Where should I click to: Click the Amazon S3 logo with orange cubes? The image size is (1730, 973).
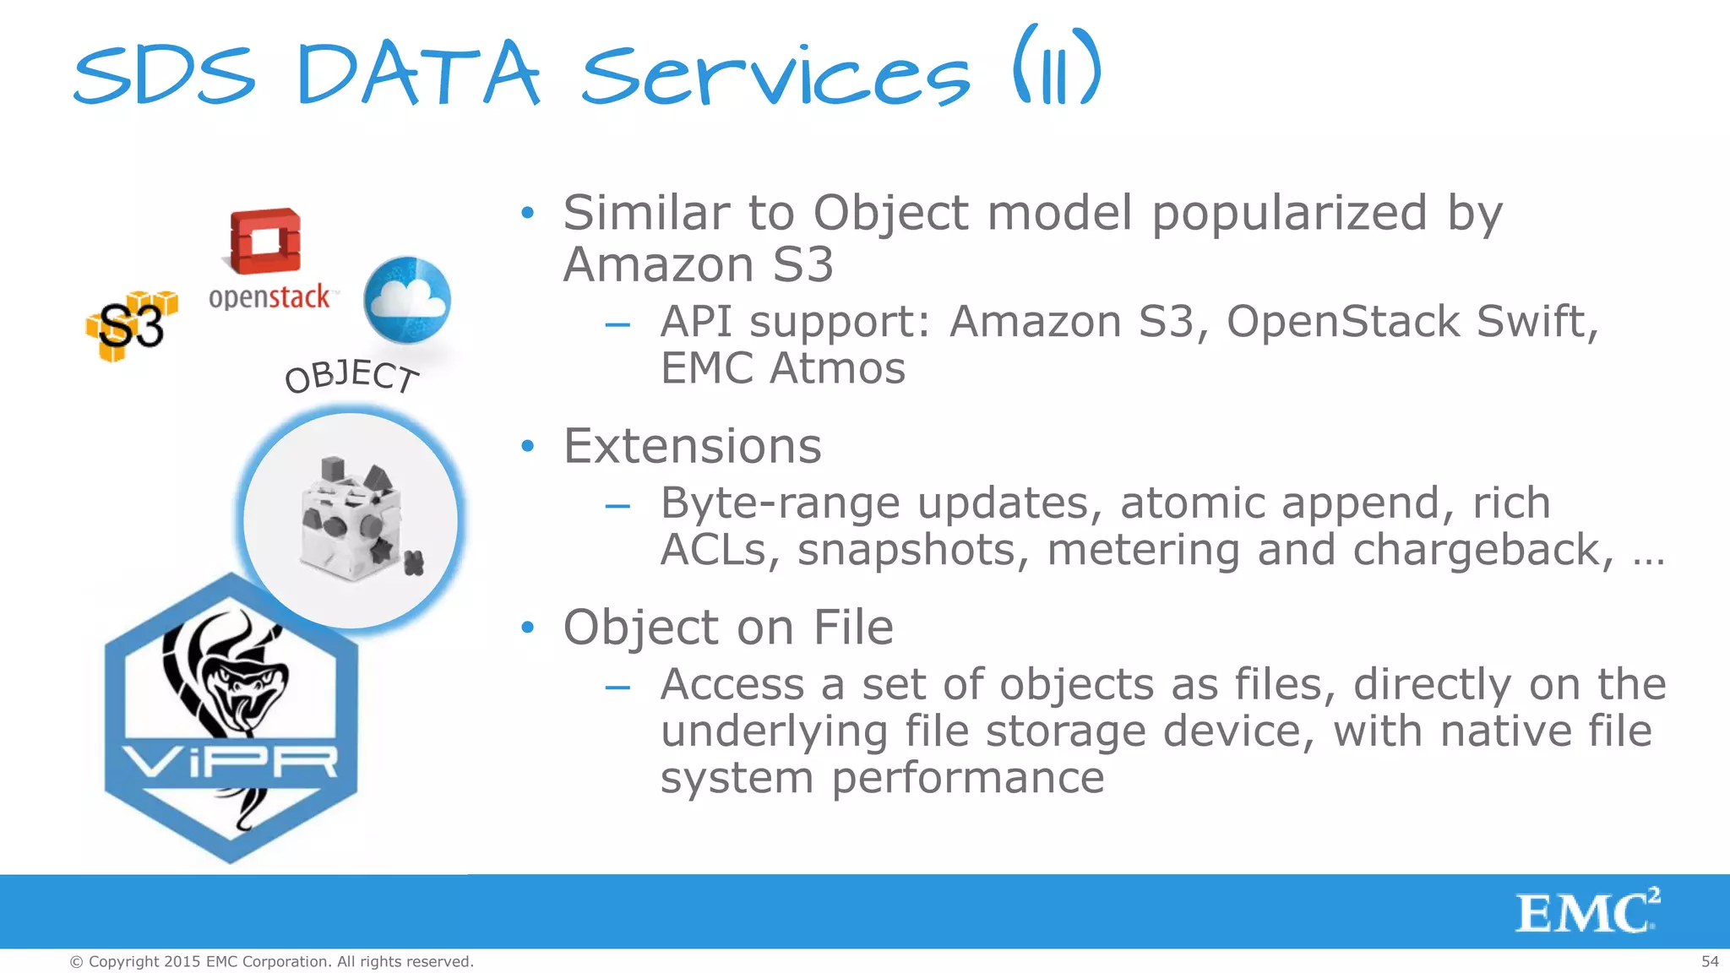tap(132, 326)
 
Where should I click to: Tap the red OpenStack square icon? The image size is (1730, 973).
tap(265, 241)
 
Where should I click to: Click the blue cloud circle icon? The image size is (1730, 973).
tap(407, 300)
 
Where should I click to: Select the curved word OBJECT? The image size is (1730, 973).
tap(351, 377)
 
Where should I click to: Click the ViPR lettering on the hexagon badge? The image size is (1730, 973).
tap(231, 762)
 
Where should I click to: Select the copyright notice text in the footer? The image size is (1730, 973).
tap(271, 961)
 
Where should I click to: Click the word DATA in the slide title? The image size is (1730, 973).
tap(418, 76)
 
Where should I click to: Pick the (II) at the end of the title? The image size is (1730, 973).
tap(1057, 68)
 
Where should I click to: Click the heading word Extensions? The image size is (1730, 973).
tap(692, 446)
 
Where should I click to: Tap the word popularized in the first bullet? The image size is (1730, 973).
tap(1290, 213)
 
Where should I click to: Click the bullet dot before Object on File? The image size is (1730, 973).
tap(528, 628)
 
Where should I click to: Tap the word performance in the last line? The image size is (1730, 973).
tap(968, 778)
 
